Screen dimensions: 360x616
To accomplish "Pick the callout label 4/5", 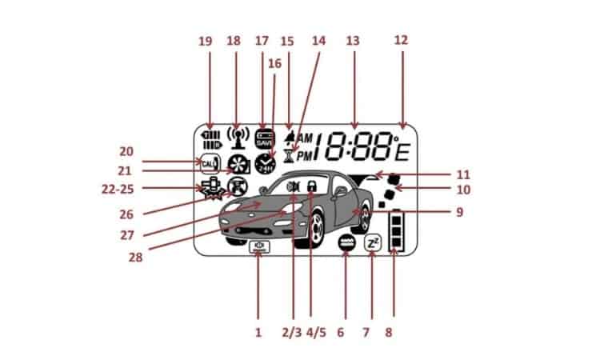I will click(x=309, y=330).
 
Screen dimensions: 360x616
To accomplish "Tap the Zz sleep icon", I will click(x=372, y=243).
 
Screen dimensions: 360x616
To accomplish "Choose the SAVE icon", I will click(x=264, y=138).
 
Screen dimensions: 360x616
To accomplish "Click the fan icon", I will click(x=237, y=163).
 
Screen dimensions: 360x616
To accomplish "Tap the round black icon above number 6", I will click(x=346, y=243).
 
